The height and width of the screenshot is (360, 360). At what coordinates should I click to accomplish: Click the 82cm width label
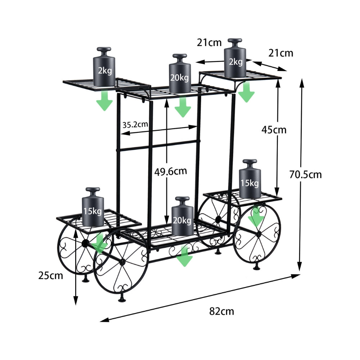point(221,311)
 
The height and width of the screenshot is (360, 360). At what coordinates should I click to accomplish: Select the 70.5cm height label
point(305,175)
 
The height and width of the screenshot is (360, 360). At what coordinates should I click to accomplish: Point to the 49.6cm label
point(171,171)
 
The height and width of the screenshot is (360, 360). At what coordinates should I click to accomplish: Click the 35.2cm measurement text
point(135,125)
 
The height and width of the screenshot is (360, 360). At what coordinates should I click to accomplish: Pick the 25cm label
point(50,276)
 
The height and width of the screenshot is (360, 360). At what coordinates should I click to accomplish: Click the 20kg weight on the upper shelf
point(180,74)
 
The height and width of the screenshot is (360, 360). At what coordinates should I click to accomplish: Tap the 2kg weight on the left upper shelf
point(104,67)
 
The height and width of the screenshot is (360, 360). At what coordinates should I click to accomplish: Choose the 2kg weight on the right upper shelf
point(235,58)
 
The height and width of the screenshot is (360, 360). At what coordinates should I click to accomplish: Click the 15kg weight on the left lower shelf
point(93,207)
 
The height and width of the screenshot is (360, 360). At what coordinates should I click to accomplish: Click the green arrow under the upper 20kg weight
point(183,107)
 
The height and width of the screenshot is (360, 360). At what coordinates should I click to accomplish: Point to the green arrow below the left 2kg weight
point(104,100)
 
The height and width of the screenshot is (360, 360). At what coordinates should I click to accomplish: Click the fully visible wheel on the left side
point(121,261)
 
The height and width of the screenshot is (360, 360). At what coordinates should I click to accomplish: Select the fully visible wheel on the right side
point(257,234)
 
